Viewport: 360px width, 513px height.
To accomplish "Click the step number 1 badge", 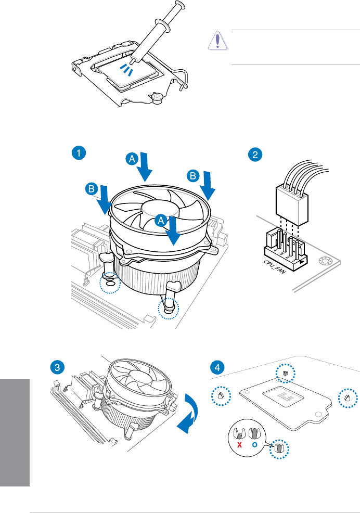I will click(78, 153).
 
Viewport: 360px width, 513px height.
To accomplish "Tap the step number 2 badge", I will click(254, 154).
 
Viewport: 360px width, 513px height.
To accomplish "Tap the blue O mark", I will click(255, 445).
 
